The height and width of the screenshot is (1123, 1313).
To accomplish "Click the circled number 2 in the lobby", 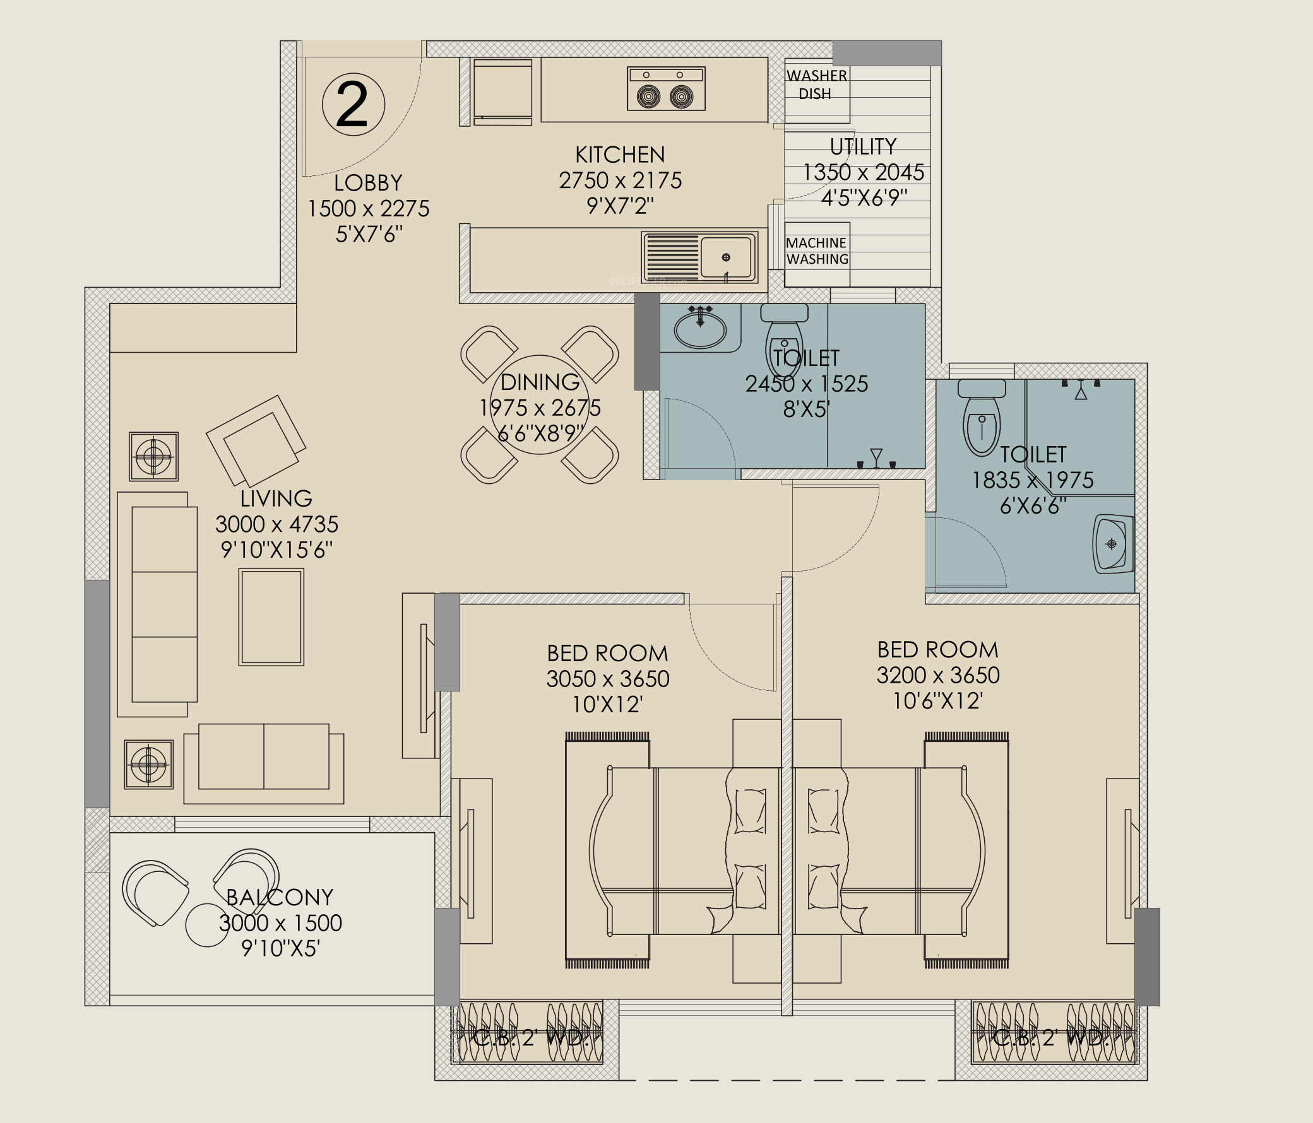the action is [353, 105].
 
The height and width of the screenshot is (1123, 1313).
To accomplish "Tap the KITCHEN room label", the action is [620, 155].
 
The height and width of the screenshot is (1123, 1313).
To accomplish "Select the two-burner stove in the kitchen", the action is [665, 89].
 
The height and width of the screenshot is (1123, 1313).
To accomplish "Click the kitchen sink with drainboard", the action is [699, 257].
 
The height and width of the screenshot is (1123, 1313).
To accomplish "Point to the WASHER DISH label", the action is [816, 85].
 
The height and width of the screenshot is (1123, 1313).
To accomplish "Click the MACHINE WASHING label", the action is [817, 251].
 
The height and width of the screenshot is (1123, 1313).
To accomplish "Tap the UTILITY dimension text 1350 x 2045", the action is [863, 172].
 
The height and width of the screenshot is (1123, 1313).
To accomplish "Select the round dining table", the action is [540, 405].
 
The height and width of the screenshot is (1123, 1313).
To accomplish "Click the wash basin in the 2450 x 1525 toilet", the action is [699, 327].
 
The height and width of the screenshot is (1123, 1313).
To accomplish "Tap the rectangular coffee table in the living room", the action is [271, 617].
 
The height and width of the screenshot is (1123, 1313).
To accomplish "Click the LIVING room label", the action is [276, 498].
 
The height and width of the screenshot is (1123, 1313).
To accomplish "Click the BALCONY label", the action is [280, 897].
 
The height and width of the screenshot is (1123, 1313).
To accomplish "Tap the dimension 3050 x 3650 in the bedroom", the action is [608, 679].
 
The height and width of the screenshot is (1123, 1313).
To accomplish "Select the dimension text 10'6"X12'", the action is [938, 701].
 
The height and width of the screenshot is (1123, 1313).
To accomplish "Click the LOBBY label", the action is [368, 183].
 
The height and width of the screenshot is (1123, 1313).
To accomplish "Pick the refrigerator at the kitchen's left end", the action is [502, 93].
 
